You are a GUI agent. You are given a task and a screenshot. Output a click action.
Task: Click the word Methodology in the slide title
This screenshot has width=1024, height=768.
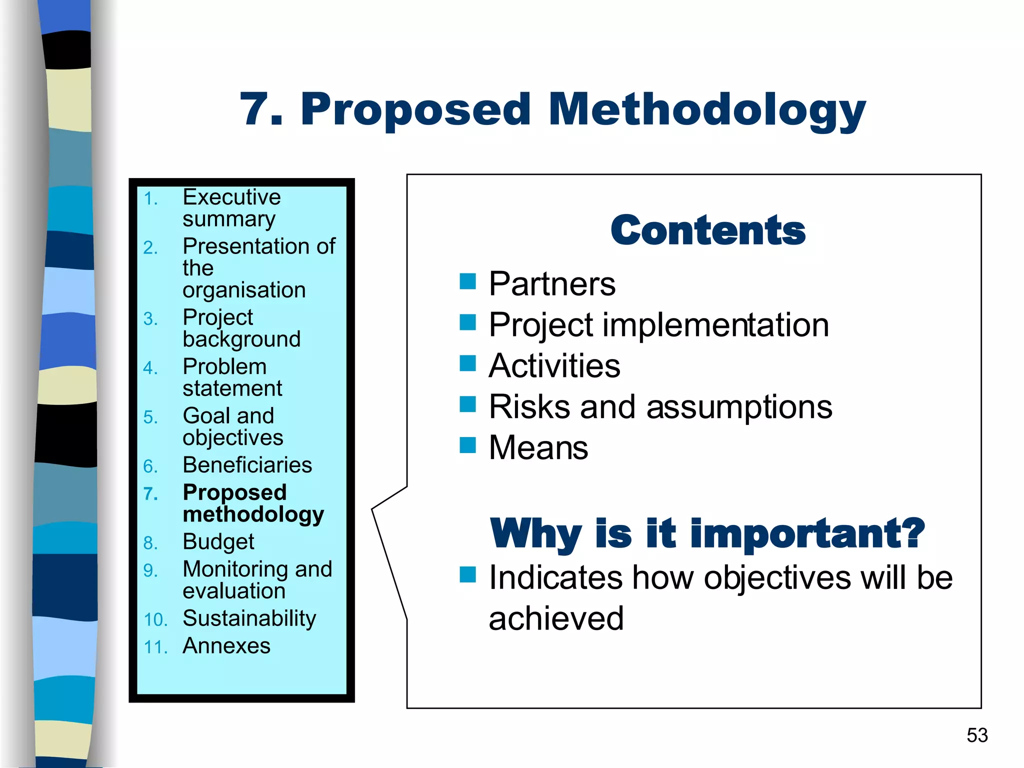706,110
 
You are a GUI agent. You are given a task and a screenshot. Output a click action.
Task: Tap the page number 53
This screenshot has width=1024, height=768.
977,735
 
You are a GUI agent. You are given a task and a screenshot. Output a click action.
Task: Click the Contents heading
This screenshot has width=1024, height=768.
707,230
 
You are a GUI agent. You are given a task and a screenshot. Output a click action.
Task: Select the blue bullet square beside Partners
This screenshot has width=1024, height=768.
467,281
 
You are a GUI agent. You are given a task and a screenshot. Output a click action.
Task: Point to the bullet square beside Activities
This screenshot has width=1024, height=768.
467,363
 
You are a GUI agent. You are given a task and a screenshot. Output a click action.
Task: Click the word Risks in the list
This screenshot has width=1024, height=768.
529,406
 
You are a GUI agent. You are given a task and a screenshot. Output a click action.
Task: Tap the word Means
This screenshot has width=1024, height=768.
538,447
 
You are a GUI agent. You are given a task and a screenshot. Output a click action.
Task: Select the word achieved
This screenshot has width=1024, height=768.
556,619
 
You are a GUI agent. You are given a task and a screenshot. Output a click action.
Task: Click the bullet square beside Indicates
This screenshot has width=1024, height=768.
467,575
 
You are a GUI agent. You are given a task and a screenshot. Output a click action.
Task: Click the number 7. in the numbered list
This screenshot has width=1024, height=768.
150,494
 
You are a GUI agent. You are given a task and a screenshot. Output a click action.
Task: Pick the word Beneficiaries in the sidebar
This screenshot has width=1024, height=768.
247,465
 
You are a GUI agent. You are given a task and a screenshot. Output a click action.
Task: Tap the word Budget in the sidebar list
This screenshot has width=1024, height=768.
218,542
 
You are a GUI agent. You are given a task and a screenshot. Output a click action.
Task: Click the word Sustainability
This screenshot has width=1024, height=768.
249,618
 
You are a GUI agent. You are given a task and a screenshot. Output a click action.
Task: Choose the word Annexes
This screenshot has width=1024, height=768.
226,646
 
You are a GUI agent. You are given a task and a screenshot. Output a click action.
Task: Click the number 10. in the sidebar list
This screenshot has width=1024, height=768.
155,620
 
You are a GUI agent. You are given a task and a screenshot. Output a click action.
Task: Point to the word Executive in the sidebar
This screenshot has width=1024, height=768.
231,197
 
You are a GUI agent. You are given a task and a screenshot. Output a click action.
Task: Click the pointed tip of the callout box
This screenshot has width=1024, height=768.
372,509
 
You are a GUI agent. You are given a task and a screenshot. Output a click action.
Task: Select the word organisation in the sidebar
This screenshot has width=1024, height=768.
244,290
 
